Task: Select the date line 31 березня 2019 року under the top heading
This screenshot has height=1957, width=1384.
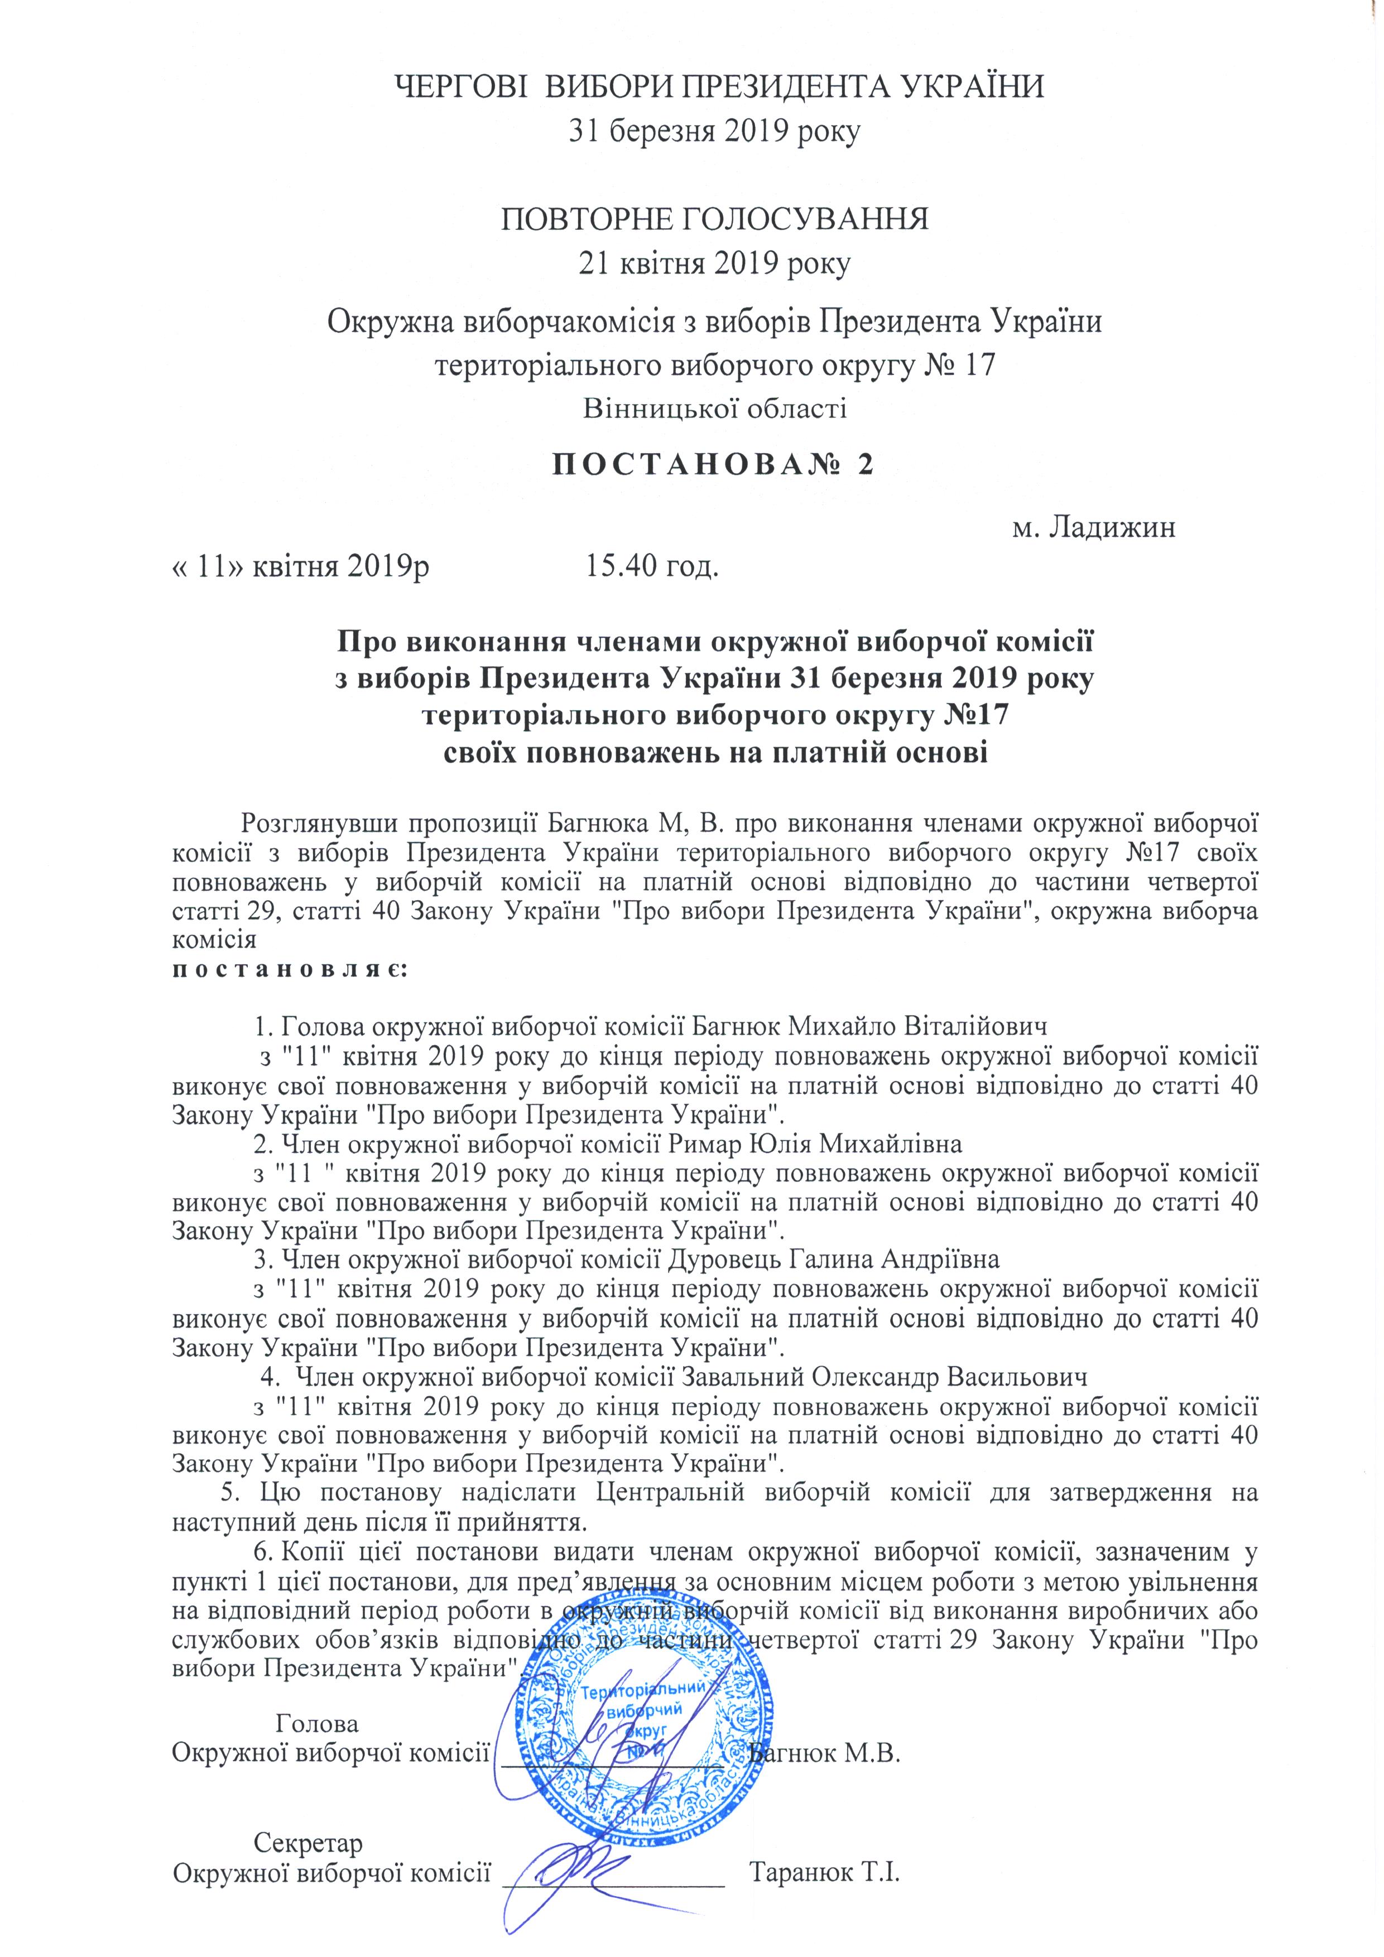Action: click(x=715, y=131)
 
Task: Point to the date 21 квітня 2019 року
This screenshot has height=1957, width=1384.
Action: click(x=714, y=263)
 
